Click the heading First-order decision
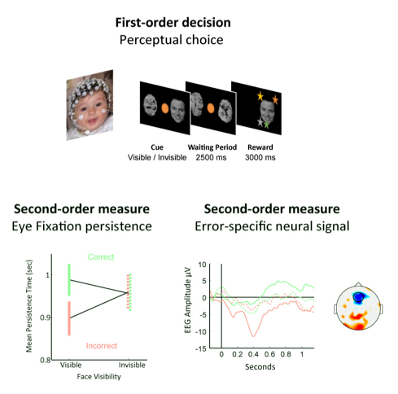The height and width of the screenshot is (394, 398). tap(173, 23)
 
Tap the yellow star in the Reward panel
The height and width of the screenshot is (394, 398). tap(260, 96)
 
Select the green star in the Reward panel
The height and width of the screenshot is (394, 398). tap(266, 125)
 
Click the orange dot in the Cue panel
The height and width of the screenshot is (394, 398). tap(165, 108)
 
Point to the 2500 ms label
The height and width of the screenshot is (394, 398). tap(211, 157)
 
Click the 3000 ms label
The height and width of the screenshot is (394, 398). tap(260, 157)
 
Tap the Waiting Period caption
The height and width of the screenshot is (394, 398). tap(212, 147)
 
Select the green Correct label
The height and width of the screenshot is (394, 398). tap(101, 257)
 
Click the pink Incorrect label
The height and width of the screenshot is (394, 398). tap(102, 346)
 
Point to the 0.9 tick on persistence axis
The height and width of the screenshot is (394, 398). tap(45, 317)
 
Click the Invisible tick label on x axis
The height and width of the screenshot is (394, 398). tap(132, 365)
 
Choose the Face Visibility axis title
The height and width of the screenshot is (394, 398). tap(98, 377)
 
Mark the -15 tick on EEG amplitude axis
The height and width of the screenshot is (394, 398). tap(201, 348)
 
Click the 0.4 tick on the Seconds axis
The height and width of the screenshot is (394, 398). tap(253, 354)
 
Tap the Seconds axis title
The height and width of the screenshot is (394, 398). tap(260, 367)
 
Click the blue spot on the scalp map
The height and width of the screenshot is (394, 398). tap(358, 297)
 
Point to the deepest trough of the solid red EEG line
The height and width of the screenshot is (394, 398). tap(254, 336)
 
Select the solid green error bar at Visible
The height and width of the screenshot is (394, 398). tap(69, 280)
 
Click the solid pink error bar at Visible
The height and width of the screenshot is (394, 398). tap(69, 318)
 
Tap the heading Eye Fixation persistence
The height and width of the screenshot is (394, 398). tap(81, 226)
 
